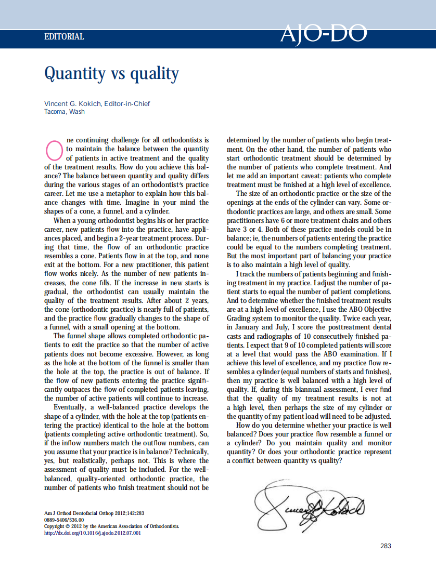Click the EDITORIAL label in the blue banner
click(x=64, y=37)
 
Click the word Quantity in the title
click(x=74, y=73)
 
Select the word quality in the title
click(x=155, y=74)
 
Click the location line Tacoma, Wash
click(x=65, y=112)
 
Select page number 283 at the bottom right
click(x=386, y=546)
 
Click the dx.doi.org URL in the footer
click(x=93, y=533)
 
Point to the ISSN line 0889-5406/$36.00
click(x=64, y=520)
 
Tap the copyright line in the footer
click(x=111, y=526)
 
